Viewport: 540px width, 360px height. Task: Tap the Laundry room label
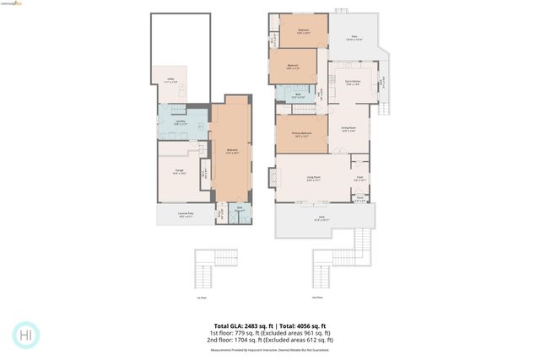181,122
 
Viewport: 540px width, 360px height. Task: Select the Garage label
179,171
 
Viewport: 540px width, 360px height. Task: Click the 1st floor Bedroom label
231,151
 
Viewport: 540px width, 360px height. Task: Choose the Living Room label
313,178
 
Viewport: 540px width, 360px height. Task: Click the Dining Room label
348,129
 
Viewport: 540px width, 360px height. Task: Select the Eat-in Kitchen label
353,83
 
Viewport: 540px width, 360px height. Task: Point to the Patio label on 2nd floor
355,38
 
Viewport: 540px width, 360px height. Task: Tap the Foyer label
359,179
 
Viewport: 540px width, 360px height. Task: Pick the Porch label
359,199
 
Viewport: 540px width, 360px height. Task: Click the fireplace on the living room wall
273,178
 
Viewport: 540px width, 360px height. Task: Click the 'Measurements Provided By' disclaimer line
270,350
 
